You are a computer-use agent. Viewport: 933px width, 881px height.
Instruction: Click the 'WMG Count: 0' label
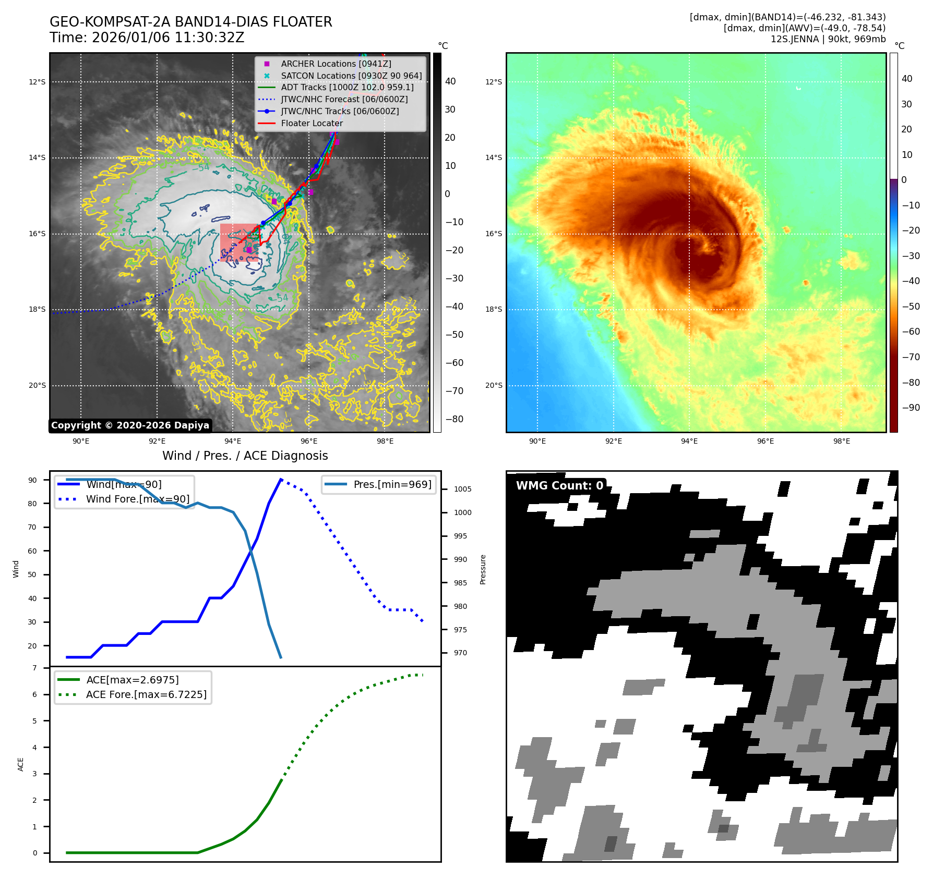[559, 485]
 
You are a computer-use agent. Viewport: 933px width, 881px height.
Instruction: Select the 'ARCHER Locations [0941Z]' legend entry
[336, 64]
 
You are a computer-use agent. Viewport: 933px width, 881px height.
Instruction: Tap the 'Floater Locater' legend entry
[312, 123]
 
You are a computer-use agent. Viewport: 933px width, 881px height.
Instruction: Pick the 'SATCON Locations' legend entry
[351, 76]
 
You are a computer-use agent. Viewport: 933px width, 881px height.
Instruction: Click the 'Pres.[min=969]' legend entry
[392, 484]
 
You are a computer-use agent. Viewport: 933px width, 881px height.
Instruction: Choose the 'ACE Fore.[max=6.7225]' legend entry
[146, 694]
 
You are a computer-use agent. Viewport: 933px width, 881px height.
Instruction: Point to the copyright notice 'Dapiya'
[130, 425]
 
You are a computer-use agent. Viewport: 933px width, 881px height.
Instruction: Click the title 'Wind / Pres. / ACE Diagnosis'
[245, 456]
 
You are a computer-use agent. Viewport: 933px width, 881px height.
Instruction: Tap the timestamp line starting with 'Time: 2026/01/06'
[147, 38]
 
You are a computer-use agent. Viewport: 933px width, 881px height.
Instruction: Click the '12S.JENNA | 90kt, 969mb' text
[828, 39]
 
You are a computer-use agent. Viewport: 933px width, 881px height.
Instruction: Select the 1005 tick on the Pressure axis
[462, 489]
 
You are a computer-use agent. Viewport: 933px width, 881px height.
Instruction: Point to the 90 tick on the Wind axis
[32, 480]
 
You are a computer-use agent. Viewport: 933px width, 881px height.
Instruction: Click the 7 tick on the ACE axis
[34, 668]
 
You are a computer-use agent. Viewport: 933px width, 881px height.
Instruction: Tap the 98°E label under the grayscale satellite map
[385, 441]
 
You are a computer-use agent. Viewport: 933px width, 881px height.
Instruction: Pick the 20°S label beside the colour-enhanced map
[494, 386]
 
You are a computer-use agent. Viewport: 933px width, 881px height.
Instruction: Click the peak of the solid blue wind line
[281, 479]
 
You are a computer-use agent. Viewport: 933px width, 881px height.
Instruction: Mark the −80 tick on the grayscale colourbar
[454, 419]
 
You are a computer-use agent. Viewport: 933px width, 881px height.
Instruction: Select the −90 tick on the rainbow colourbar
[911, 408]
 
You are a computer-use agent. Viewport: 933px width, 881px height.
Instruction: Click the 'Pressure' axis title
[483, 569]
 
